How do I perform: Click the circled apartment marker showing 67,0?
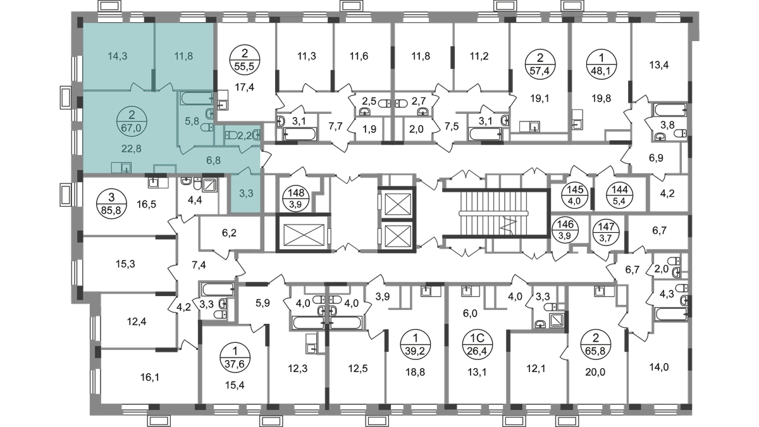[131, 120]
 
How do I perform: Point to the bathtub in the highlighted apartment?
[198, 99]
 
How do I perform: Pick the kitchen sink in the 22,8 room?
[120, 168]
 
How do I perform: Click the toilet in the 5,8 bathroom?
[205, 127]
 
